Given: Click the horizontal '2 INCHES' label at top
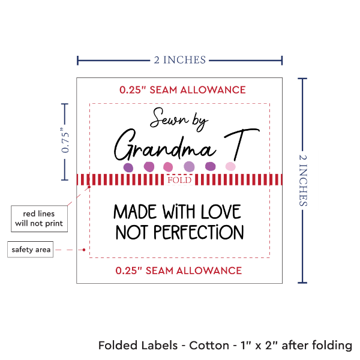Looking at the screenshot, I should tap(179, 59).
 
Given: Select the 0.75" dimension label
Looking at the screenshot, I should tap(65, 142).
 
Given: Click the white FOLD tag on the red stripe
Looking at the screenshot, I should tap(179, 180).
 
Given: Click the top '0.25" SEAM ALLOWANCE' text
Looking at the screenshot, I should tap(182, 90).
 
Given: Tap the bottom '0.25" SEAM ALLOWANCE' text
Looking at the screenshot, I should tap(179, 271).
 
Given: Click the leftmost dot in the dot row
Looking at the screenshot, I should tap(128, 167).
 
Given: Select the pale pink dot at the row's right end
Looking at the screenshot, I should tap(230, 166).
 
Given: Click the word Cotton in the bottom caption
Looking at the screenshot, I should tap(209, 346).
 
